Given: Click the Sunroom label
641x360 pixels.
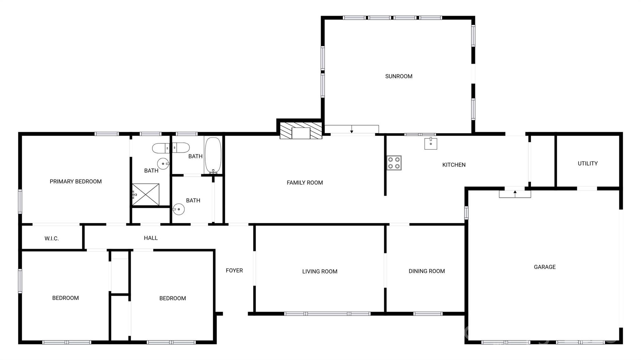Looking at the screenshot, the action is pos(398,76).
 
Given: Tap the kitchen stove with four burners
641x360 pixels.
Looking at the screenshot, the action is pos(394,163).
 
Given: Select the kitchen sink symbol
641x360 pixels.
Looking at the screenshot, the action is pos(431,143).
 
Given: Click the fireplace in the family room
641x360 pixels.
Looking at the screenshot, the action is pos(301,130).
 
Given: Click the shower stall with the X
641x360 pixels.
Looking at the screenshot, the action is pos(146,195).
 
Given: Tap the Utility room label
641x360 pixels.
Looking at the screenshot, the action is pos(587,164).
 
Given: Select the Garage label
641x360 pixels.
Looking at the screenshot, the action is pos(545,267).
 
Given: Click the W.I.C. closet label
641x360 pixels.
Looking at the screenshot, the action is pos(52,239).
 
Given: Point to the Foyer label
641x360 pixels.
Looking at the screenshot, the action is pos(234,271).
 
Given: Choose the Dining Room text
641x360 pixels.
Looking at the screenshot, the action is pos(427,271).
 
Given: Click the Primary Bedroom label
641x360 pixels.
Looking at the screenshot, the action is pos(76,181).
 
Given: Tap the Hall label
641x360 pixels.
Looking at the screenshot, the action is pos(151,238).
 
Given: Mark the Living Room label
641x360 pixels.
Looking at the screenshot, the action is pos(320,271).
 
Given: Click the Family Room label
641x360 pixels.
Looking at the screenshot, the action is pos(305,183).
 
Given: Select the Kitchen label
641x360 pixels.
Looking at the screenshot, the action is pos(454,165).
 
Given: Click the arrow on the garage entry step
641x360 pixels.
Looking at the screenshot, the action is pos(515,194).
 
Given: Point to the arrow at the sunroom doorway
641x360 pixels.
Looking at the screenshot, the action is pos(352,129).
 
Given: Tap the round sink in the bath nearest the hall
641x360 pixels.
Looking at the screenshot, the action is pos(178,209).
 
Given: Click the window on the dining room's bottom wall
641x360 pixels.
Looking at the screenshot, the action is pos(428,314).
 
